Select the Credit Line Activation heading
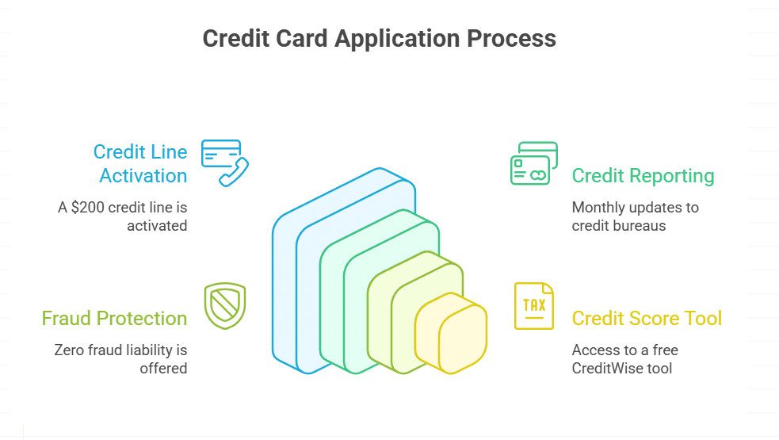(140, 163)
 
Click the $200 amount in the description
(90, 208)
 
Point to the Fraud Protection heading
(114, 319)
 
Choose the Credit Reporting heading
(643, 176)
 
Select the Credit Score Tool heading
(647, 319)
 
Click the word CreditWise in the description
(609, 368)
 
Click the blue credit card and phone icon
(224, 163)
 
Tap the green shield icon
(224, 305)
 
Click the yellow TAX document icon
(533, 305)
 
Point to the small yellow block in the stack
(451, 333)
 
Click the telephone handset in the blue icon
(235, 172)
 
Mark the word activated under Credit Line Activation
(157, 225)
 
